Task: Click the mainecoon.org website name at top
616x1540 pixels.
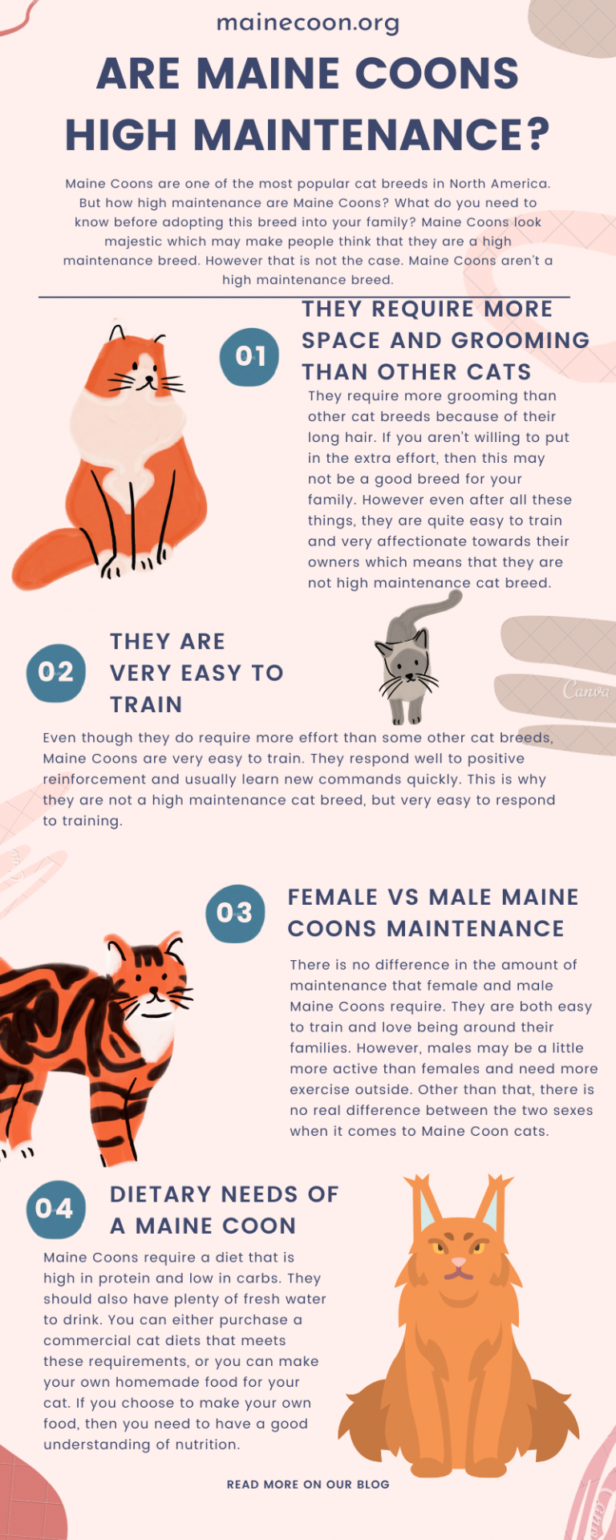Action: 308,23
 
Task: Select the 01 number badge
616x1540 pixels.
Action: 249,356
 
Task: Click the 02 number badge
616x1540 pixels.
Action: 56,672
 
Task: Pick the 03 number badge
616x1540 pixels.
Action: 235,913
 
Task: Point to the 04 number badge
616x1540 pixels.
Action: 55,1209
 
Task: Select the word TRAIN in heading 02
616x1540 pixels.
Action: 146,704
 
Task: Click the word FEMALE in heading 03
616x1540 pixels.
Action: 332,898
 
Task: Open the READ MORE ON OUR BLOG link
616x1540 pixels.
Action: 308,1485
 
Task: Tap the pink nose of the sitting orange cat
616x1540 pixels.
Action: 458,1263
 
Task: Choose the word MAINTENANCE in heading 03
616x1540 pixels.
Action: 476,929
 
